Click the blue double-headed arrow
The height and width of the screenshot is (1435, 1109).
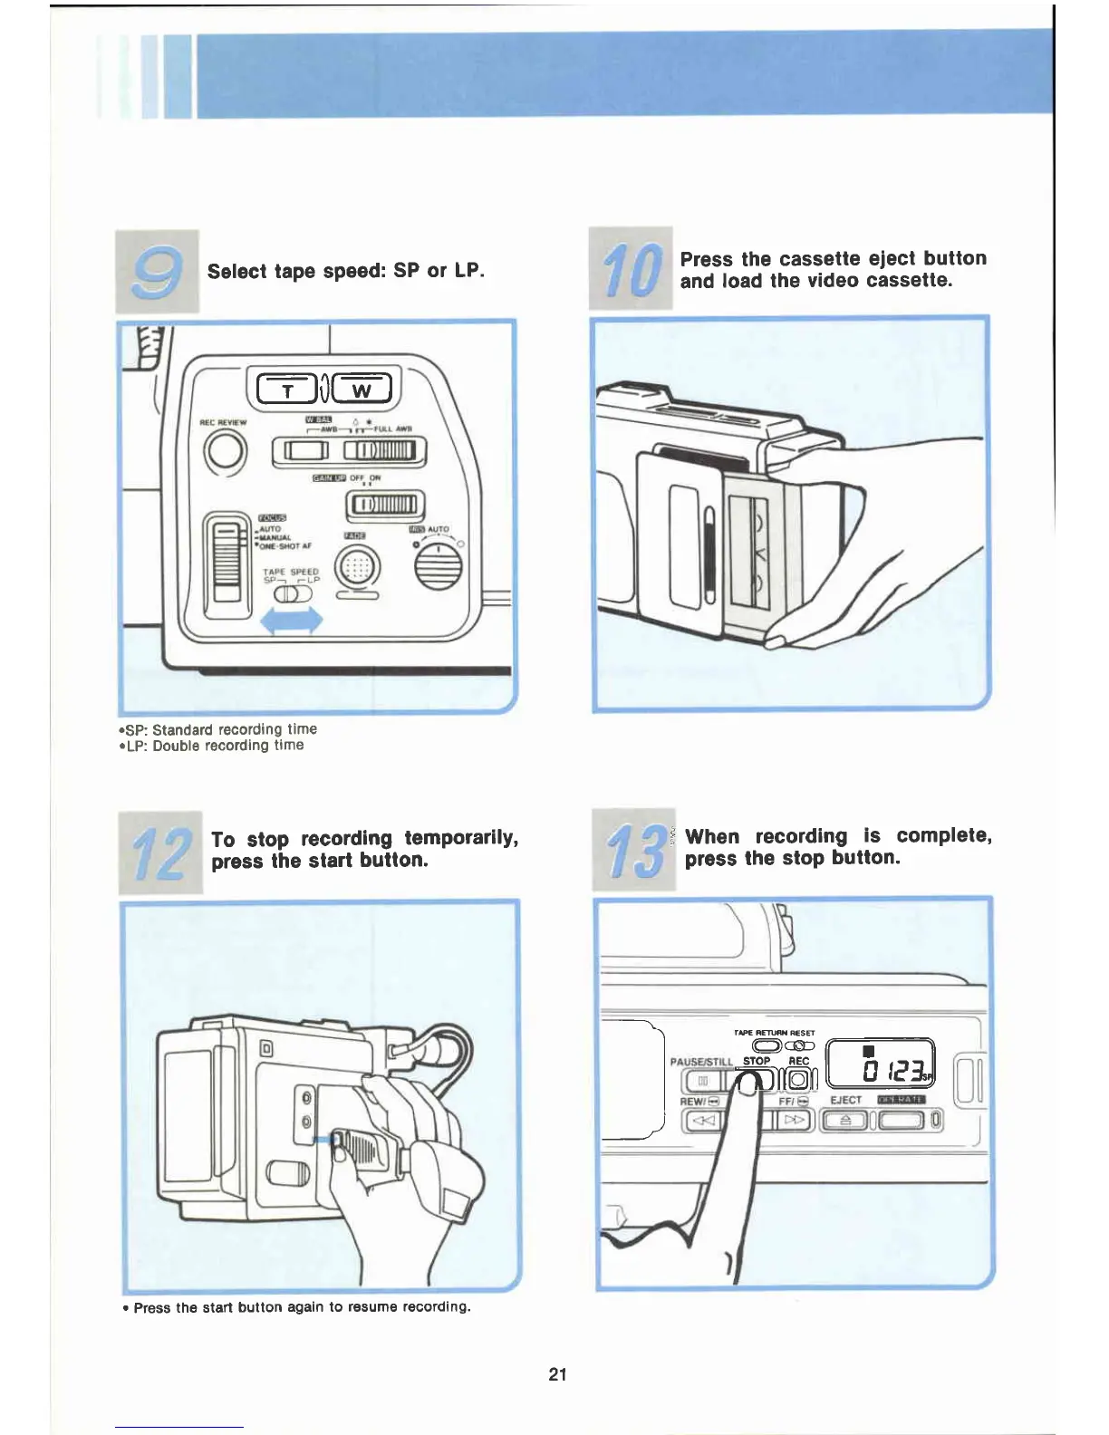pyautogui.click(x=292, y=621)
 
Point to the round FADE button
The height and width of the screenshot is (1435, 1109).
pyautogui.click(x=358, y=569)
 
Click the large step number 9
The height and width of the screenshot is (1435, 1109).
pyautogui.click(x=158, y=272)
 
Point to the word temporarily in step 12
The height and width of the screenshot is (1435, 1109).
pyautogui.click(x=461, y=838)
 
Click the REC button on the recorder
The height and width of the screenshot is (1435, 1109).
pyautogui.click(x=799, y=1080)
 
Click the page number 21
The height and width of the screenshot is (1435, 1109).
pyautogui.click(x=557, y=1374)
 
